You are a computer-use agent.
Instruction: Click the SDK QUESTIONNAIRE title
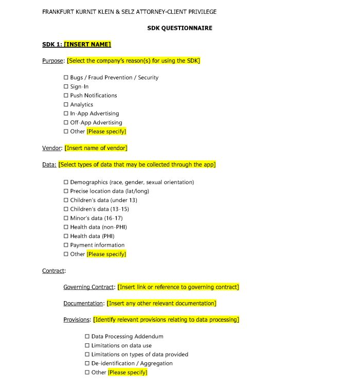coord(179,28)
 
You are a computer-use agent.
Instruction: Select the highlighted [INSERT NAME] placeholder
coord(87,45)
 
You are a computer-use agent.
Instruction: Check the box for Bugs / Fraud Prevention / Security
coord(66,78)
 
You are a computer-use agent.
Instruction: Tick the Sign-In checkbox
coord(66,87)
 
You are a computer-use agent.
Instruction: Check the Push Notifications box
coord(66,96)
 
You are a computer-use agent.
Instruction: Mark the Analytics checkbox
coord(66,105)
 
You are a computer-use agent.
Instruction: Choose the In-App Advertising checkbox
coord(66,114)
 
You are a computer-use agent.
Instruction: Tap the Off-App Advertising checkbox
coord(66,123)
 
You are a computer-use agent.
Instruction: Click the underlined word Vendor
coord(51,148)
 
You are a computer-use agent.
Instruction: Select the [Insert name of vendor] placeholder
coord(96,148)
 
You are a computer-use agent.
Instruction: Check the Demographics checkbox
coord(66,182)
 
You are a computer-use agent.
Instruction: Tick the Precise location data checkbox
coord(66,191)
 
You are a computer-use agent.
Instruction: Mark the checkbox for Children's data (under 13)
coord(66,200)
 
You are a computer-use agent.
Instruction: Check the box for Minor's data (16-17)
coord(66,218)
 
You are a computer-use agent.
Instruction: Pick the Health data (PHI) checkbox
coord(66,236)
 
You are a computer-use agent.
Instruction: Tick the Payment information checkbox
coord(66,245)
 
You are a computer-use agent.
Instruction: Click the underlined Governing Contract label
coord(88,287)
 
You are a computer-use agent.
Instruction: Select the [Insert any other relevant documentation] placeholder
coord(161,304)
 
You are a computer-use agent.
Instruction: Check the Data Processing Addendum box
coord(87,337)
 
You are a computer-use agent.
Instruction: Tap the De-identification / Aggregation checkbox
coord(87,363)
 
